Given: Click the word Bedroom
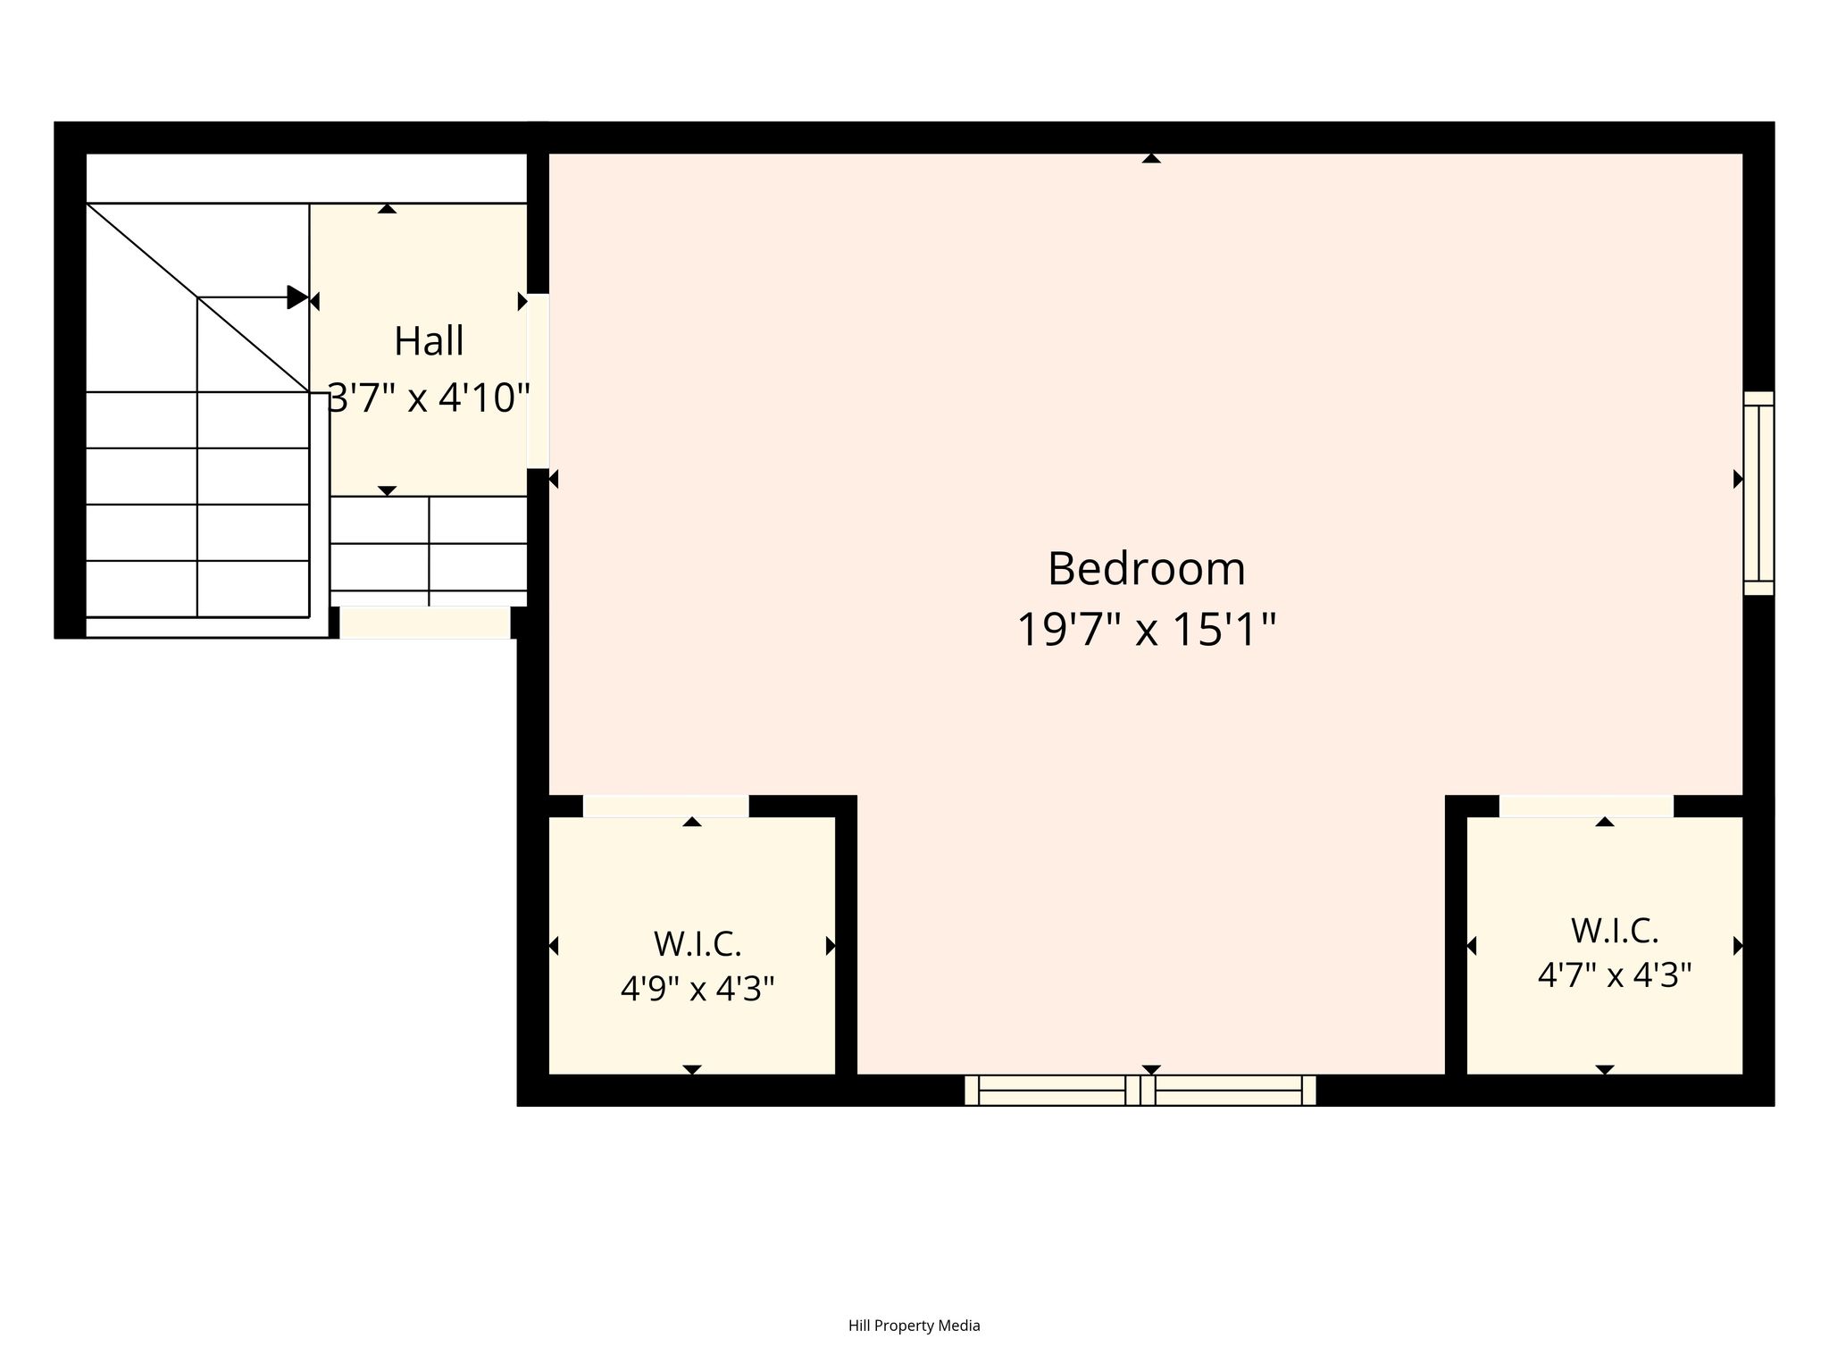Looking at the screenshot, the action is click(x=1146, y=569).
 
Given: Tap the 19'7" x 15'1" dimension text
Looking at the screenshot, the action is click(x=1147, y=630).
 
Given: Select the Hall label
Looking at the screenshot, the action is click(x=429, y=341).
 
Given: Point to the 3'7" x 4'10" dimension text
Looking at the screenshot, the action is click(x=430, y=397).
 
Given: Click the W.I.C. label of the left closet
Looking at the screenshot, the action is click(x=697, y=944).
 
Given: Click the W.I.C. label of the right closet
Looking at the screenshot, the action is click(x=1615, y=931).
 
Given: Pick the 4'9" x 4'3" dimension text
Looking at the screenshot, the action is click(x=697, y=989).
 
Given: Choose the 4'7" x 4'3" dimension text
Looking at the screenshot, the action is click(x=1615, y=975).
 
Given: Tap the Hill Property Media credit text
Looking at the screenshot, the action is click(x=914, y=1326).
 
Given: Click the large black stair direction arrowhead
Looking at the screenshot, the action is click(x=297, y=297).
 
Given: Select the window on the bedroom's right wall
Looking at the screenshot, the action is click(x=1758, y=493).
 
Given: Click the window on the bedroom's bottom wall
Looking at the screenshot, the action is click(x=1140, y=1090).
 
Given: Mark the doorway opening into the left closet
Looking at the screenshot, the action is click(x=666, y=806).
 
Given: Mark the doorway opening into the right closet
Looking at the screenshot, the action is click(x=1586, y=806).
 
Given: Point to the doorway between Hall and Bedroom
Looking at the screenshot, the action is click(x=538, y=381).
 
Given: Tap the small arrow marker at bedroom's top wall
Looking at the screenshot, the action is click(x=1151, y=158).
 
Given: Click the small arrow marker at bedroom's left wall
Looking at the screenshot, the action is click(x=553, y=480).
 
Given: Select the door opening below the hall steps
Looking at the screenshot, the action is click(x=425, y=623).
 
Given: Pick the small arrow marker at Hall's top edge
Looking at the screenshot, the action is click(x=387, y=208).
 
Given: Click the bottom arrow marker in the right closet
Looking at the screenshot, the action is click(x=1605, y=1070).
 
